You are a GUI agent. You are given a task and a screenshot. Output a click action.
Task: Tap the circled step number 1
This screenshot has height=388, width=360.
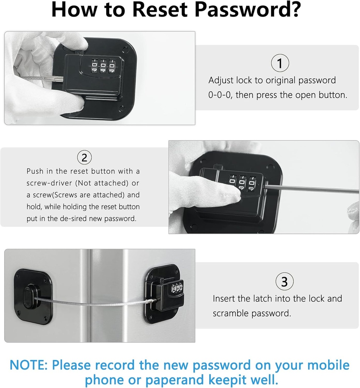tap(280, 63)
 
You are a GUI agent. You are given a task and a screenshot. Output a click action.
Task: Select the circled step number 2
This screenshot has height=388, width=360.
tap(84, 157)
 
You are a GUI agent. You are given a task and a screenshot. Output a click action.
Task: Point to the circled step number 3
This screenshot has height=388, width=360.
tap(284, 282)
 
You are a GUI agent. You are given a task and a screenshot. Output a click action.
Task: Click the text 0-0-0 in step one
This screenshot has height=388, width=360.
tap(220, 95)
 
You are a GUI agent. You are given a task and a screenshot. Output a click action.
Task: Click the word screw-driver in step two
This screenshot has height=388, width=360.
tap(49, 183)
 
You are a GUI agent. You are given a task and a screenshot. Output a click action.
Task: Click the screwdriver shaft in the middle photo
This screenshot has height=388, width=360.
tap(307, 188)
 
